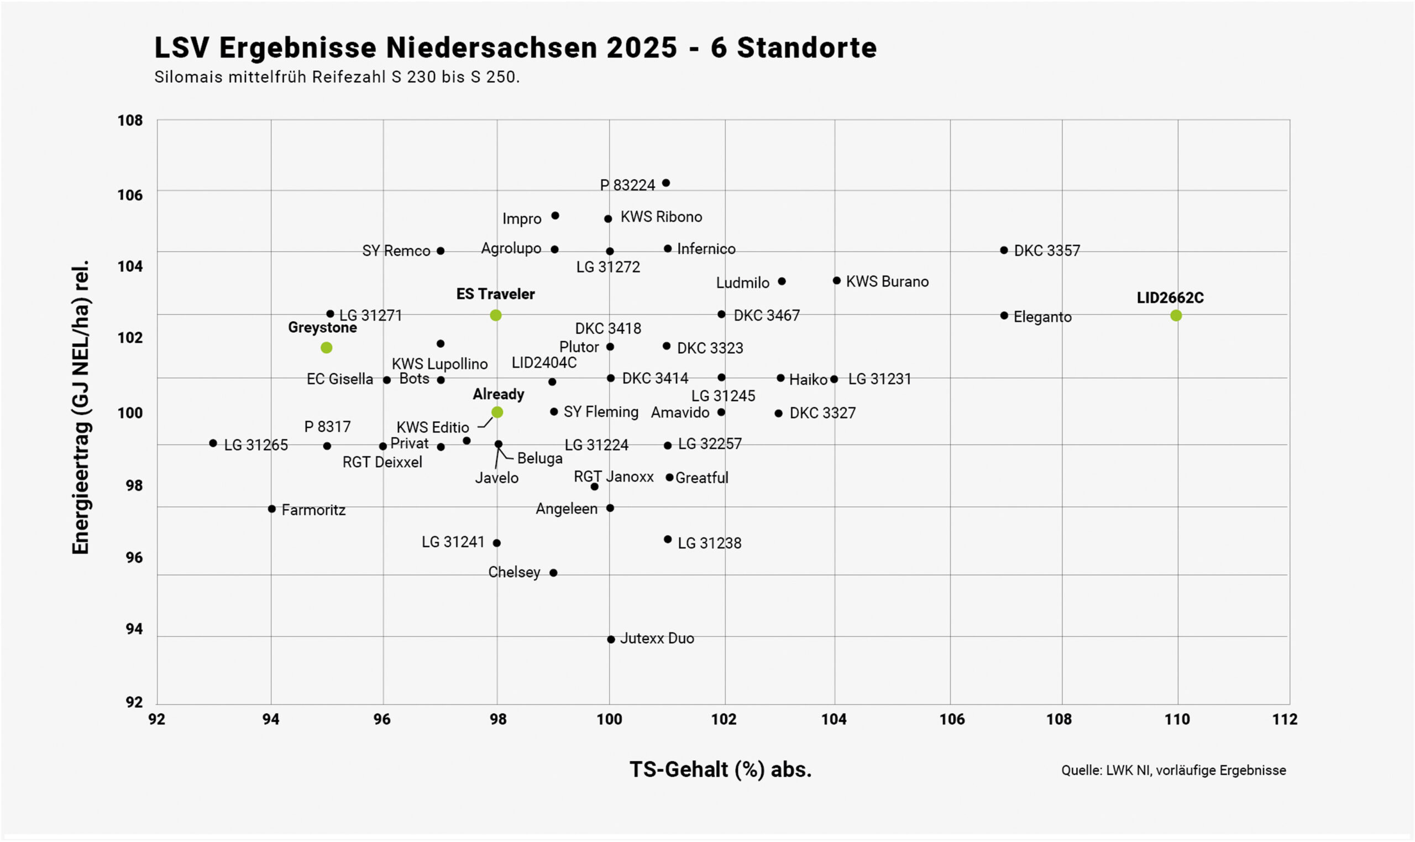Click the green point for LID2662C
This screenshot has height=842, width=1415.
[1176, 316]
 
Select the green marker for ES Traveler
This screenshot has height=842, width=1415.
[496, 316]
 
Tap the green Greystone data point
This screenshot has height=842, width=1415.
[326, 348]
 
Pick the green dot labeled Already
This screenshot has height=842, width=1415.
[497, 412]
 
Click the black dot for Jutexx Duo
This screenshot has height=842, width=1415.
[611, 640]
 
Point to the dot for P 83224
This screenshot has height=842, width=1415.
[666, 183]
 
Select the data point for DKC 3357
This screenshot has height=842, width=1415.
[1004, 250]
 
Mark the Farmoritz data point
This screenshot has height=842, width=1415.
[271, 509]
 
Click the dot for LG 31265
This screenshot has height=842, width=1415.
[213, 443]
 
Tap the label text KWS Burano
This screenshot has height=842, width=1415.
[887, 282]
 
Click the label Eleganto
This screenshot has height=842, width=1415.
[1042, 317]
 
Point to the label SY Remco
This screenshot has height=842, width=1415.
[396, 251]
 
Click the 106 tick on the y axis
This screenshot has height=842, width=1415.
[130, 195]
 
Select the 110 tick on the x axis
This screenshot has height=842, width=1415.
[1177, 719]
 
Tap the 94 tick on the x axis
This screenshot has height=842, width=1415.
[270, 719]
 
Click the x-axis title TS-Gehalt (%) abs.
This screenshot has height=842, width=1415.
[720, 770]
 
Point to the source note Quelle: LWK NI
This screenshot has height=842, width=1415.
[1173, 771]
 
